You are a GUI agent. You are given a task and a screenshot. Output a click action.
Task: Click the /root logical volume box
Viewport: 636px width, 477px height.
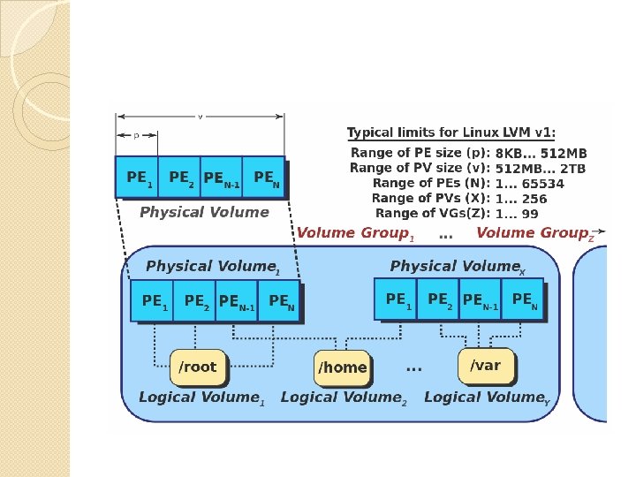pyautogui.click(x=198, y=367)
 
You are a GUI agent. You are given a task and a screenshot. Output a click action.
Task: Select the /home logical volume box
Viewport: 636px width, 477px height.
pyautogui.click(x=342, y=367)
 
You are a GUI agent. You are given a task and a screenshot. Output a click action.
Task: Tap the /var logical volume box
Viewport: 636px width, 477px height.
pyautogui.click(x=485, y=365)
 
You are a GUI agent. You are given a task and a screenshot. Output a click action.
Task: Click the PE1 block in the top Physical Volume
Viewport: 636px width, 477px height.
pyautogui.click(x=137, y=178)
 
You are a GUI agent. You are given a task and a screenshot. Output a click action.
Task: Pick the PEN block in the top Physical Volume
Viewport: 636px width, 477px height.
pyautogui.click(x=264, y=178)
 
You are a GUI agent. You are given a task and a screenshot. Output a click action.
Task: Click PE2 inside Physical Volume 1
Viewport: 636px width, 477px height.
pyautogui.click(x=195, y=302)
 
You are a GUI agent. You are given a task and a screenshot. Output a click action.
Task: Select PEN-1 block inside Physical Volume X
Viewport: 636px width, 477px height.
pyautogui.click(x=481, y=300)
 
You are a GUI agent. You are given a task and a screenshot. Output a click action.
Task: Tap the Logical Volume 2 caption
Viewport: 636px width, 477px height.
pyautogui.click(x=344, y=398)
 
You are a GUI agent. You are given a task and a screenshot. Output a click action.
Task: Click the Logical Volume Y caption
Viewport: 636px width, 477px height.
pyautogui.click(x=487, y=398)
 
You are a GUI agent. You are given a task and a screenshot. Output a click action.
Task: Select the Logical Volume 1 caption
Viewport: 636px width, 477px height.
pyautogui.click(x=201, y=398)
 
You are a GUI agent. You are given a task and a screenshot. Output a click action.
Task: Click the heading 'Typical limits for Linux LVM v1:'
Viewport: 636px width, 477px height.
pyautogui.click(x=450, y=133)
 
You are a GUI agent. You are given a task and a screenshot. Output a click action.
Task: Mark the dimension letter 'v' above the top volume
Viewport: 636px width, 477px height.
pyautogui.click(x=200, y=116)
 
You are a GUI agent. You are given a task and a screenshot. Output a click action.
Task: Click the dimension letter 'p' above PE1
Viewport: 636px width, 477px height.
pyautogui.click(x=135, y=135)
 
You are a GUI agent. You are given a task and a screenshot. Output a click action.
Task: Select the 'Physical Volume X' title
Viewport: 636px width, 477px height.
pyautogui.click(x=458, y=267)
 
